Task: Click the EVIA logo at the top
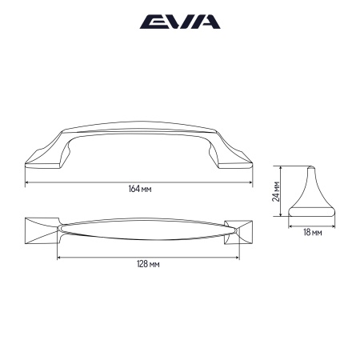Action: (x=179, y=22)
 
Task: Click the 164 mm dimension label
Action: (x=140, y=189)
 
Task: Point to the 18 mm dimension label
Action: (x=313, y=232)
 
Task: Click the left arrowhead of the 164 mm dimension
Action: (x=28, y=182)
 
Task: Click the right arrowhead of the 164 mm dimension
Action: (x=252, y=182)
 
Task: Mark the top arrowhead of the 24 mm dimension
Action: (x=281, y=168)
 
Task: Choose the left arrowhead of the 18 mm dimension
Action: (x=290, y=226)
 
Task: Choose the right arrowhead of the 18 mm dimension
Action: (x=334, y=226)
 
